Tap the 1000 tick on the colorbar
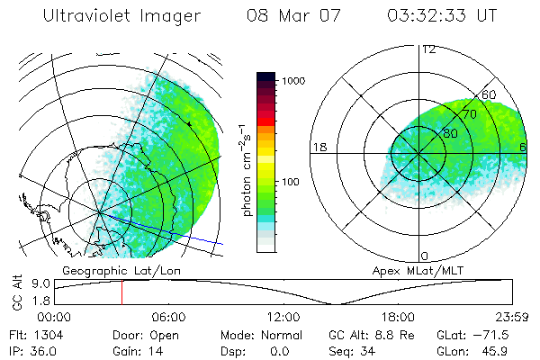click(x=295, y=80)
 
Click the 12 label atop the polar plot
click(x=428, y=49)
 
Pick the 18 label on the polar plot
click(x=319, y=147)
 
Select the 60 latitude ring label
click(x=490, y=94)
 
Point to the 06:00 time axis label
click(x=169, y=317)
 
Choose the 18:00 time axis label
click(x=398, y=317)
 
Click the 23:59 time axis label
click(x=512, y=317)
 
